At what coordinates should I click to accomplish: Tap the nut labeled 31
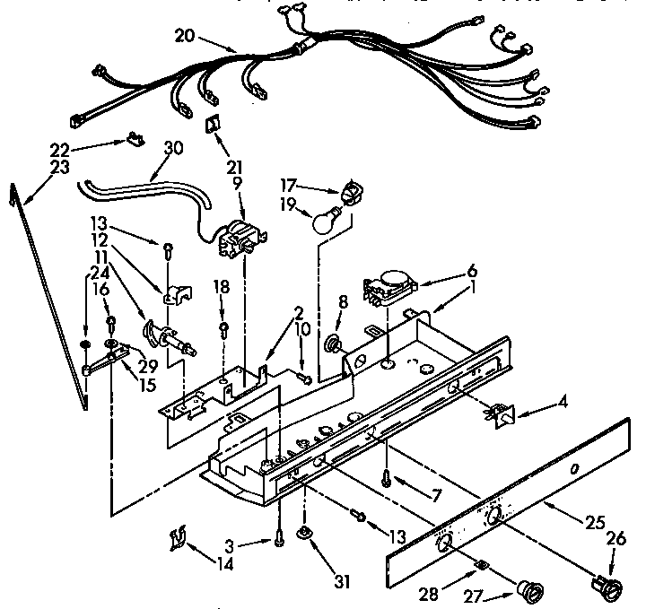307,535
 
